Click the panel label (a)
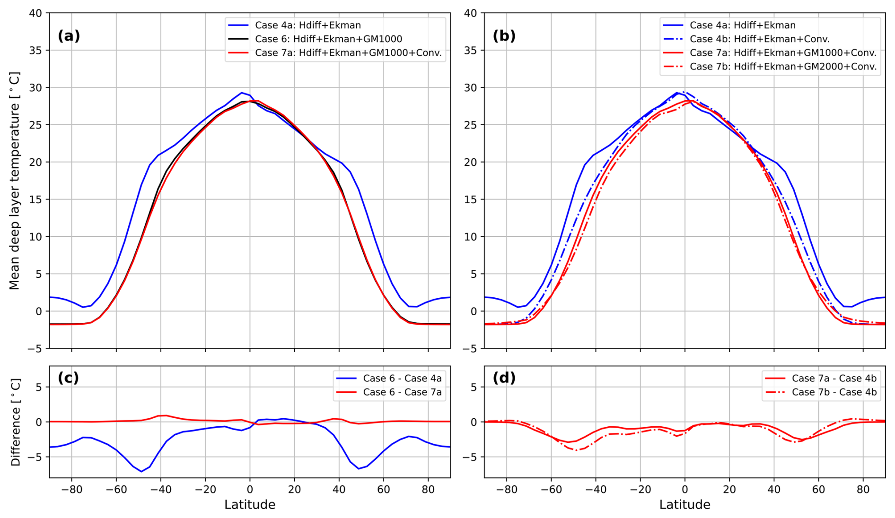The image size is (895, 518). coord(69,36)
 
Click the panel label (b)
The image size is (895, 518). coord(504,36)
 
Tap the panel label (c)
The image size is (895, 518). coord(68,378)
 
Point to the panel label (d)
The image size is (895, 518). coord(504,378)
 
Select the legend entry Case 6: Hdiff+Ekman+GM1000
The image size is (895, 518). coord(328,39)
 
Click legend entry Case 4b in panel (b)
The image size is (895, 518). coord(759,39)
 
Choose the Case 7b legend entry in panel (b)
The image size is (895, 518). coord(782,67)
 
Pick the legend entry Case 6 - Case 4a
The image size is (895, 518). coord(402,378)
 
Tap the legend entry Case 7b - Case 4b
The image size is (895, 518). coord(834,392)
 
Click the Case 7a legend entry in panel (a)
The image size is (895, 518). coord(348,53)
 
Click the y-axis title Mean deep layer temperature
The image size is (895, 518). coord(14,181)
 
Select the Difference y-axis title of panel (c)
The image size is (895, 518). coord(15,422)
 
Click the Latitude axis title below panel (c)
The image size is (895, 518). coord(250,505)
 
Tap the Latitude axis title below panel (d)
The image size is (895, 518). coord(684,505)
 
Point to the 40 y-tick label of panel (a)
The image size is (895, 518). coord(35,13)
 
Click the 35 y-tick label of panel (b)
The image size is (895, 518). coord(470,51)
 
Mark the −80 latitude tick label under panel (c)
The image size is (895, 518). coord(71,490)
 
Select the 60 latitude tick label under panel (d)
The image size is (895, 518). coord(818,490)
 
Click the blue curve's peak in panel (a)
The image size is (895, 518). coord(241,93)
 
